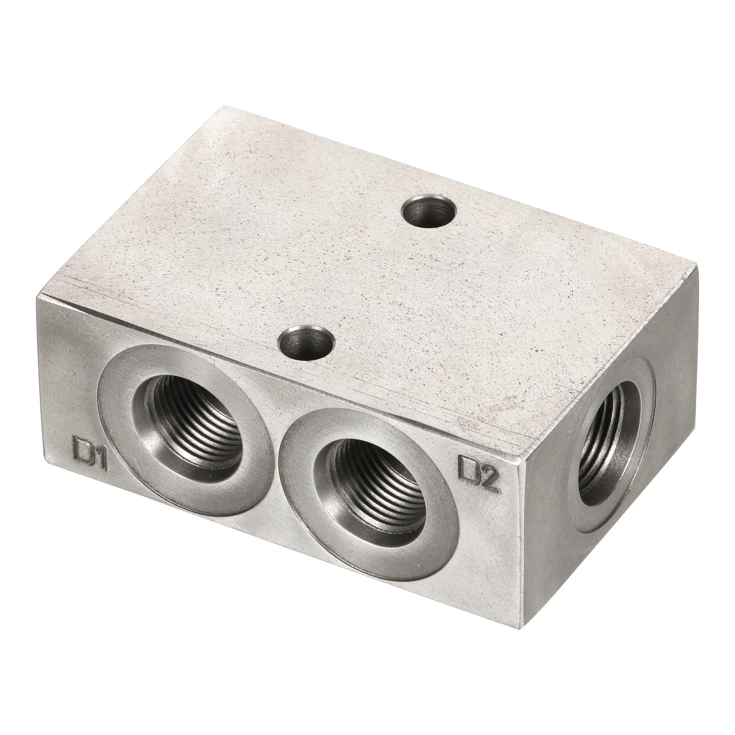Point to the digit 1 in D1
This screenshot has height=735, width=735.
[x=100, y=458]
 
